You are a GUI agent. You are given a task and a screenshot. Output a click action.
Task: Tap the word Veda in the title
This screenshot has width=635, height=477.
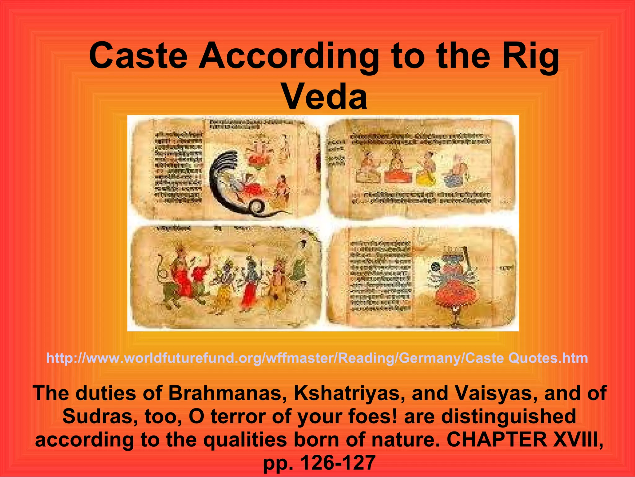point(325,97)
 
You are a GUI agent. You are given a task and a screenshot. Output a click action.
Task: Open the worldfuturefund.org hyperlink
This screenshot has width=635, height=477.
point(317,358)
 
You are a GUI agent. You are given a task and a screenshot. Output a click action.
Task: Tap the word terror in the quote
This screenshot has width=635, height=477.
point(238,416)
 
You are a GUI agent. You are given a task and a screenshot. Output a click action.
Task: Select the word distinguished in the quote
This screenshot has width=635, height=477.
point(508,416)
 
